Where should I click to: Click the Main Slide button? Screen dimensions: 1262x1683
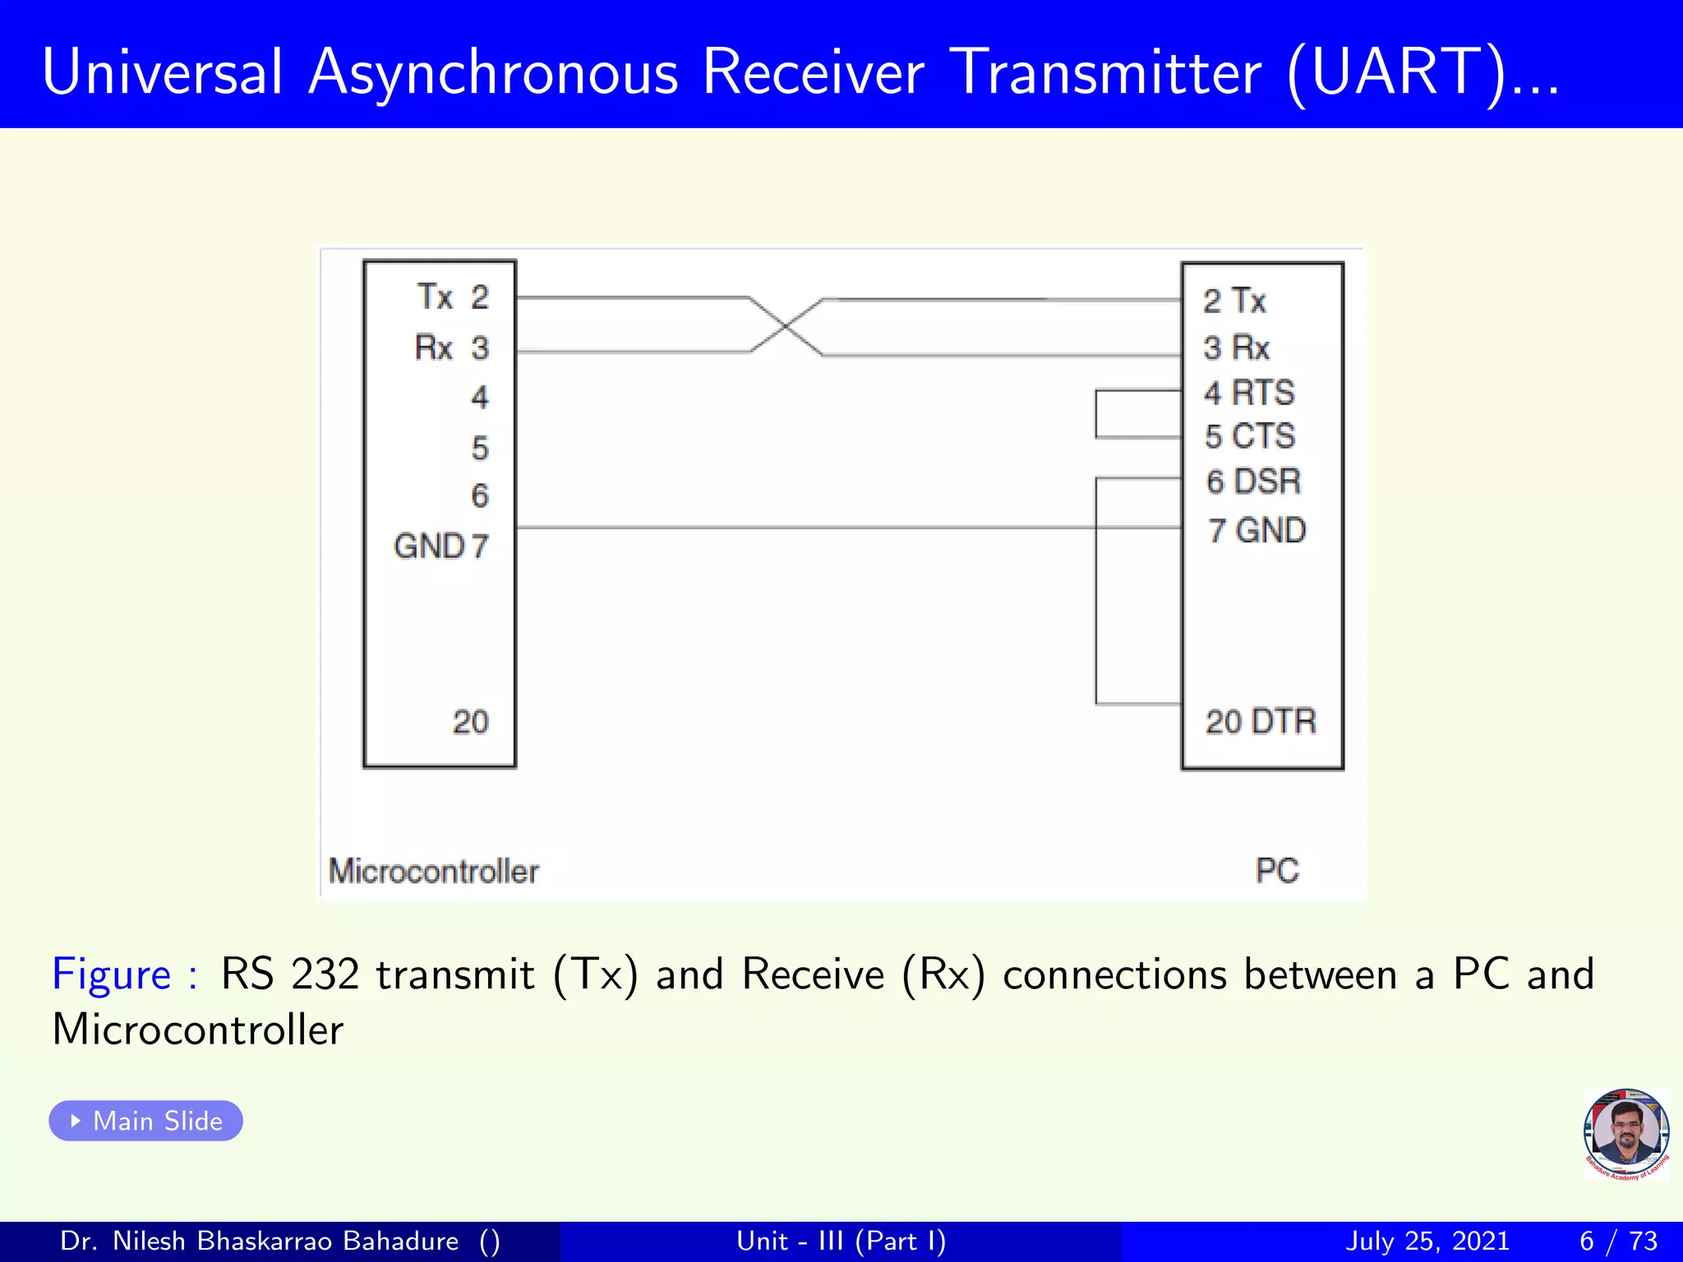[145, 1121]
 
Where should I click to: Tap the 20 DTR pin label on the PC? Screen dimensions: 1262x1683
[1260, 721]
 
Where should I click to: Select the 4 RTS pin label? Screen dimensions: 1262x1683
[1249, 393]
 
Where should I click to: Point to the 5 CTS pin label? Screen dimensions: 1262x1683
[1250, 436]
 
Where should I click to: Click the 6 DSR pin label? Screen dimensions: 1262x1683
[1253, 481]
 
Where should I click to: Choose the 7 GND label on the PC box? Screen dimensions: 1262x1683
[1256, 531]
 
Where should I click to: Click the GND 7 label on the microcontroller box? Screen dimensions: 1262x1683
[441, 546]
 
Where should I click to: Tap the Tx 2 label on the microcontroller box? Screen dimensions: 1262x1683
[453, 297]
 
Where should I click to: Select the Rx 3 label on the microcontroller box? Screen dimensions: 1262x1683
[451, 348]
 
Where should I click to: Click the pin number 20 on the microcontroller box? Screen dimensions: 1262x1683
[470, 722]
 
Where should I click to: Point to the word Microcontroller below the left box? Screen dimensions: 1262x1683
[433, 871]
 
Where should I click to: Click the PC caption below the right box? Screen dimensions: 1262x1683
[1276, 871]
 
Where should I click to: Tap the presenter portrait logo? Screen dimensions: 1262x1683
[1625, 1134]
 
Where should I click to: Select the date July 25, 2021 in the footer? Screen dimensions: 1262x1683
[1427, 1241]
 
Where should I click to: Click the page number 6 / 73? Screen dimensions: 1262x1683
[1618, 1241]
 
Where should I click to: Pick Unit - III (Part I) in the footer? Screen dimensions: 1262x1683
[841, 1241]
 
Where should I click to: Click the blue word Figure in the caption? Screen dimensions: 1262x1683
[112, 974]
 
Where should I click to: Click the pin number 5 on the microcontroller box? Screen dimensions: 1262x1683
[480, 449]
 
